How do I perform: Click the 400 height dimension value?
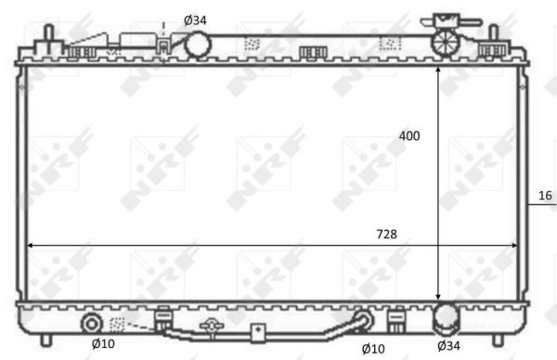[409, 135]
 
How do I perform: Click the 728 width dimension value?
[386, 235]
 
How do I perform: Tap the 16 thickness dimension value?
[545, 195]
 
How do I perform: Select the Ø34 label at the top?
[195, 19]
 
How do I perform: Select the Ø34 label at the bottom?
[448, 347]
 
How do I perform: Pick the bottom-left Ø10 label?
[103, 345]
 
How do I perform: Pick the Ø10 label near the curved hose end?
[373, 347]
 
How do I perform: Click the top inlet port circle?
[198, 44]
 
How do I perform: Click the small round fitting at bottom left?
[93, 324]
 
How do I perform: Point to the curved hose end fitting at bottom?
[365, 321]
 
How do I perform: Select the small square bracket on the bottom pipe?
[257, 331]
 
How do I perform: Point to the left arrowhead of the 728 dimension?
[30, 246]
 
